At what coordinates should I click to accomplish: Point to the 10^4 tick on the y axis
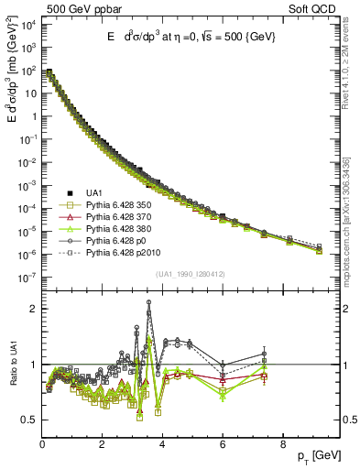click(x=28, y=25)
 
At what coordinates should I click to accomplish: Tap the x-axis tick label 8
click(x=282, y=446)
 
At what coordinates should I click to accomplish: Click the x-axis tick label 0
click(x=42, y=446)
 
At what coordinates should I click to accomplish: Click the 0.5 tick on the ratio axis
click(x=30, y=420)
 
